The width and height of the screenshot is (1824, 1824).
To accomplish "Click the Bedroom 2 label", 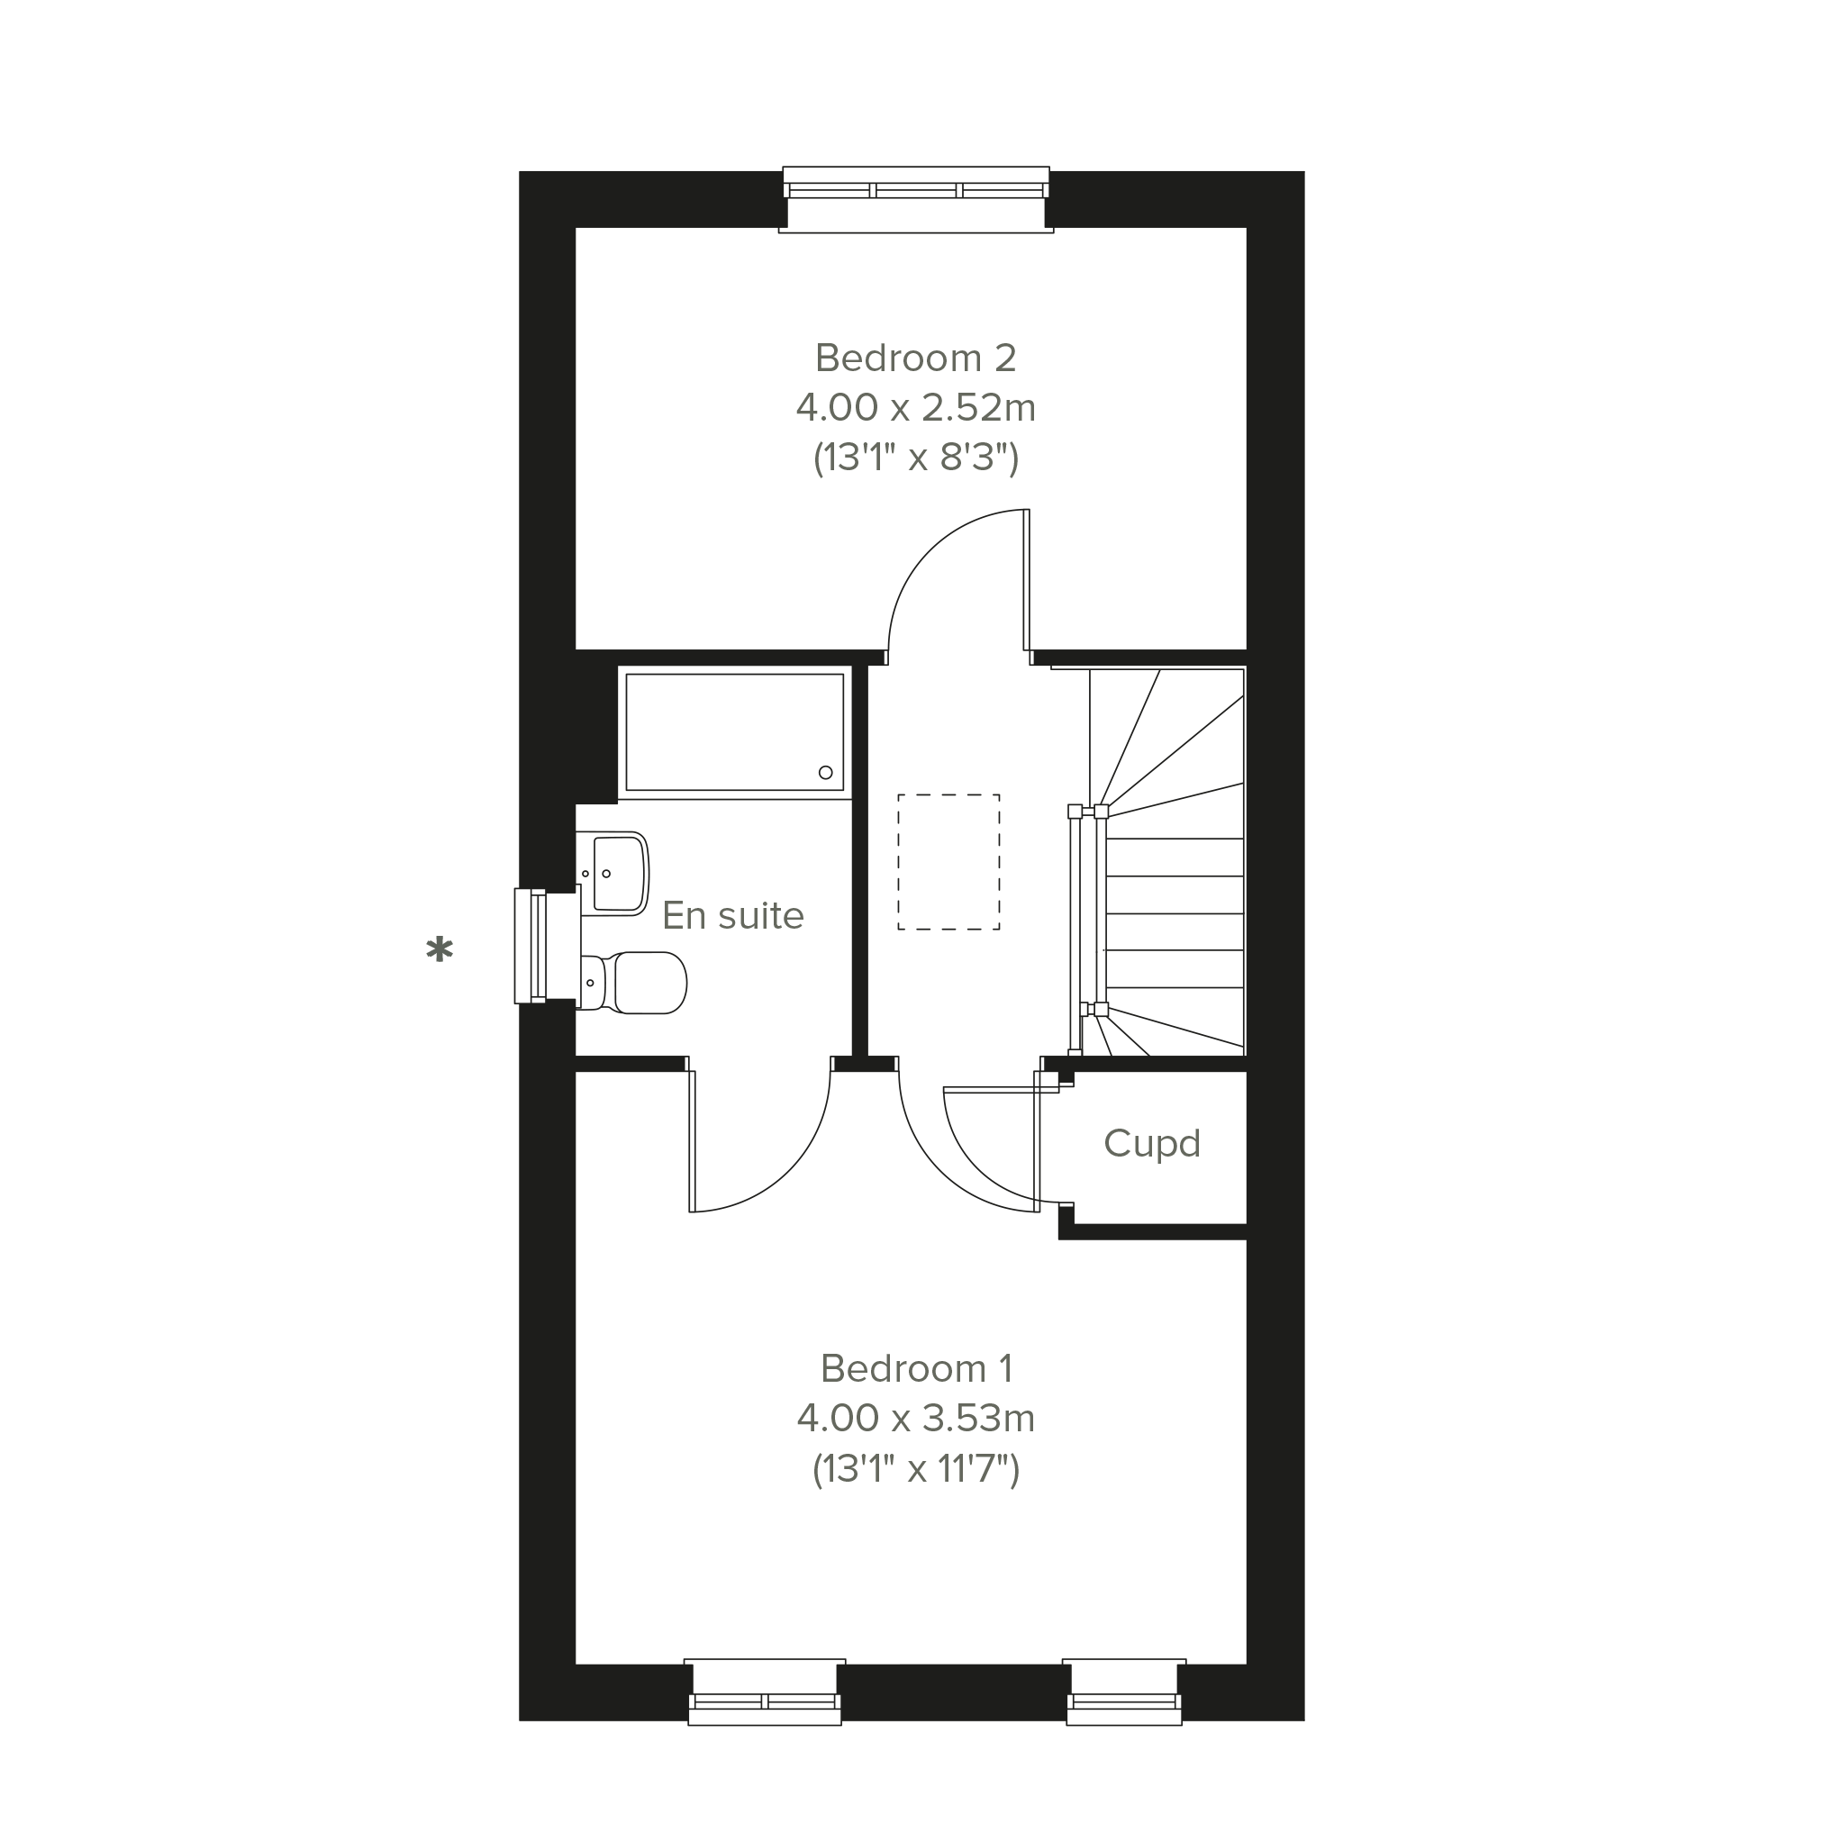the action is click(x=916, y=358).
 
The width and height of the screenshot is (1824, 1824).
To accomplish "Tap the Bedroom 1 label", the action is click(x=917, y=1369).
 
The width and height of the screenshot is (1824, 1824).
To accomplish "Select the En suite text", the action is click(x=732, y=916).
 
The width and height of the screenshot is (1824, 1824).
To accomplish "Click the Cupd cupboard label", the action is click(x=1152, y=1144).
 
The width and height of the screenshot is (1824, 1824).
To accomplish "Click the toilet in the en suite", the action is click(x=631, y=983).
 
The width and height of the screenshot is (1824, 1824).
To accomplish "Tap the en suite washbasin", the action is click(x=612, y=874).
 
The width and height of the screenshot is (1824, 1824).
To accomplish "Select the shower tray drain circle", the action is click(x=825, y=772).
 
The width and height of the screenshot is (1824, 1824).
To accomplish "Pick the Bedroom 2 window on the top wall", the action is click(x=916, y=199).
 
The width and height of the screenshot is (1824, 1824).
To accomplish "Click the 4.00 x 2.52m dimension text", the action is click(x=916, y=409).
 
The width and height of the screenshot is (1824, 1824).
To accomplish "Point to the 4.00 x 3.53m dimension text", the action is click(x=916, y=1419).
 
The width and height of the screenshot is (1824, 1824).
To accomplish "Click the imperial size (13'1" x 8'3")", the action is click(x=916, y=459).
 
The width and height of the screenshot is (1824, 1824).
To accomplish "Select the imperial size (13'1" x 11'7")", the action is click(x=916, y=1470).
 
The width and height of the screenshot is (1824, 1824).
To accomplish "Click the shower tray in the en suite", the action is click(x=734, y=732).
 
